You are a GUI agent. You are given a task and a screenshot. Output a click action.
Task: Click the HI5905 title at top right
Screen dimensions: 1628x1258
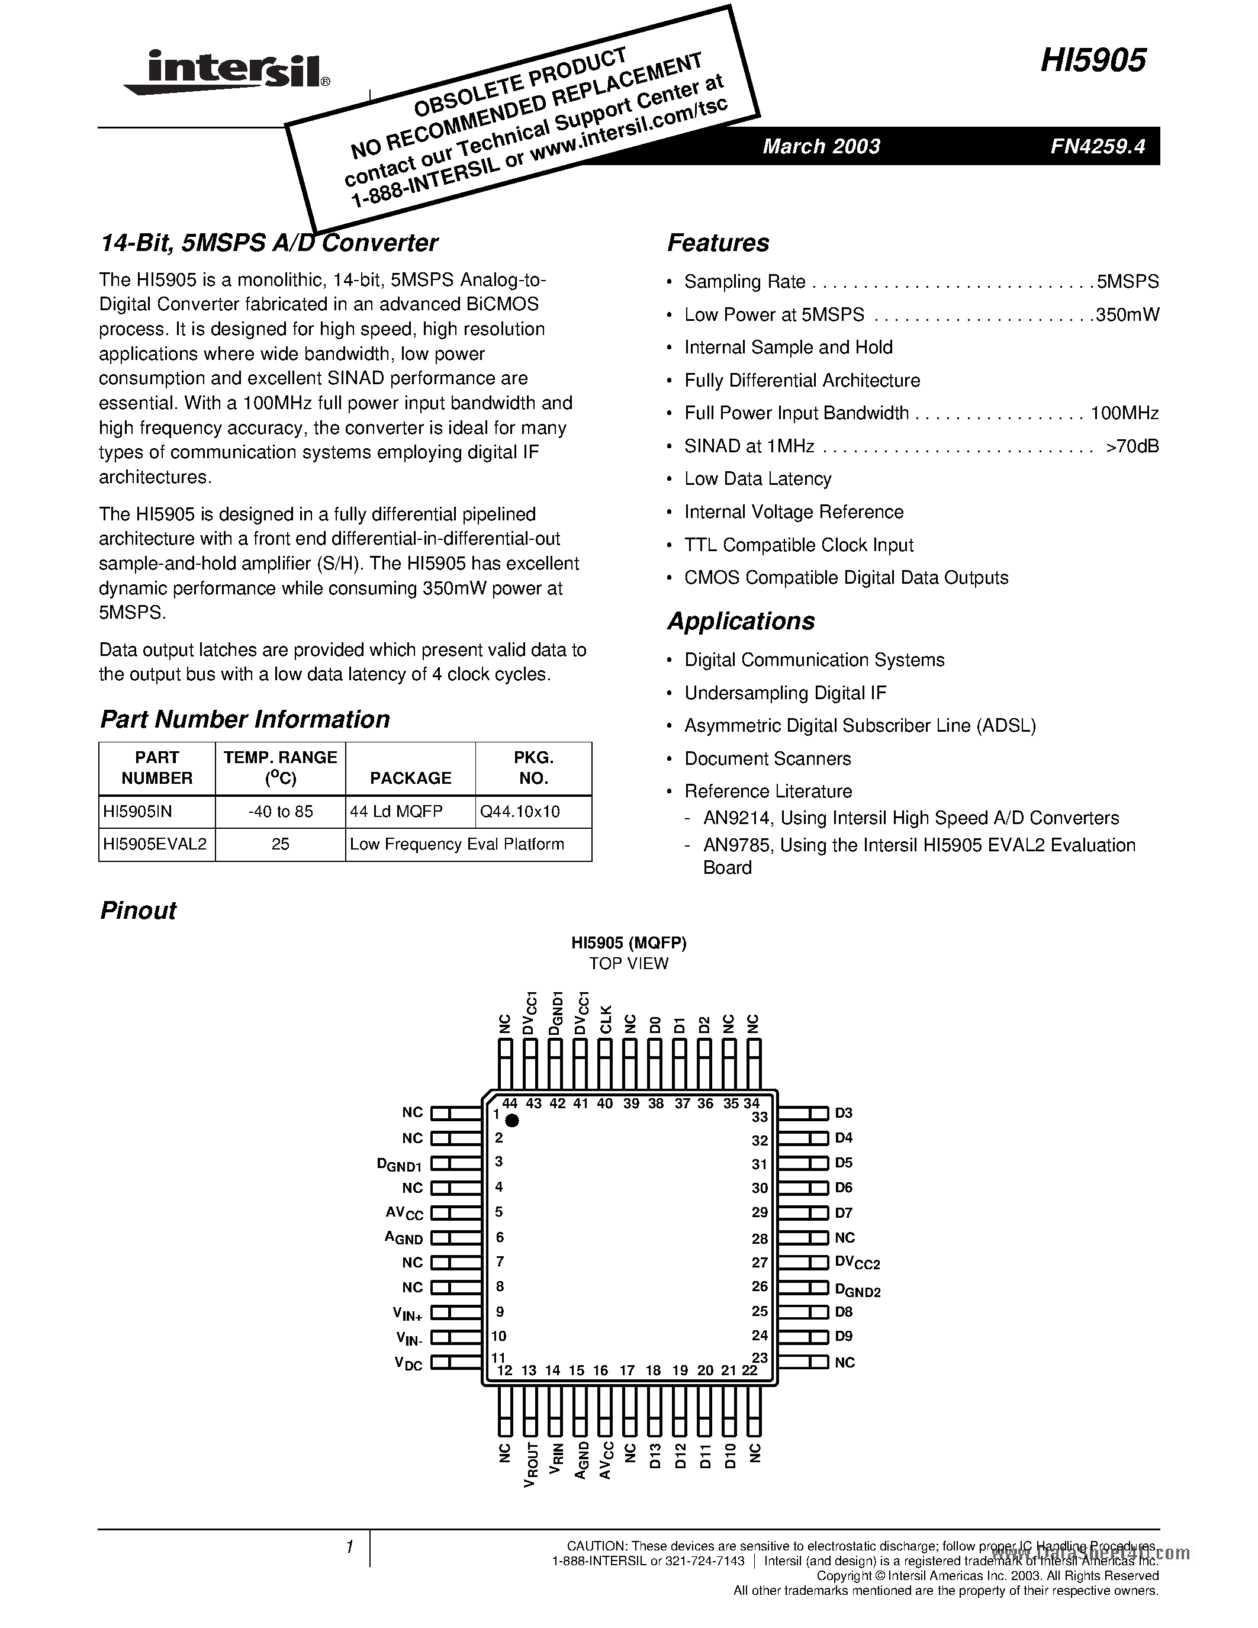pyautogui.click(x=1093, y=61)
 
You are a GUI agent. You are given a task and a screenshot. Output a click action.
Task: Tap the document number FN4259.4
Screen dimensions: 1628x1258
pyautogui.click(x=1097, y=146)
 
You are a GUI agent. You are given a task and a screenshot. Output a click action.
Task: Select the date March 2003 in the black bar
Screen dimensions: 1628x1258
pyautogui.click(x=821, y=146)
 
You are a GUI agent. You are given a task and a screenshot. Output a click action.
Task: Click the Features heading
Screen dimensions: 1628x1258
pyautogui.click(x=718, y=243)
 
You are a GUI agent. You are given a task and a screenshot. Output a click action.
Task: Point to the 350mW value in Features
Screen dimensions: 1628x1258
pyautogui.click(x=1127, y=314)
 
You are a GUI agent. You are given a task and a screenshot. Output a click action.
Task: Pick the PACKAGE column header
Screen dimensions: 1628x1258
pyautogui.click(x=411, y=778)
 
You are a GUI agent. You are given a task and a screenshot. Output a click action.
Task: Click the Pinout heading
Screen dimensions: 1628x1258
pyautogui.click(x=138, y=910)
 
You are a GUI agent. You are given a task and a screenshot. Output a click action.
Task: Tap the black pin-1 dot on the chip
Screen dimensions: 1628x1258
pyautogui.click(x=512, y=1121)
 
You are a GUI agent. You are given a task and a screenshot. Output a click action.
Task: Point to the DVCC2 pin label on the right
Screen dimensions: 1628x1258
pyautogui.click(x=857, y=1263)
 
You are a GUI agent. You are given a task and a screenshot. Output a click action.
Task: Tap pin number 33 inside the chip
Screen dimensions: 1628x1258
pyautogui.click(x=760, y=1117)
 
